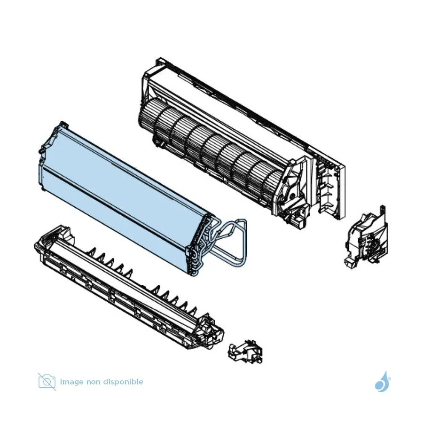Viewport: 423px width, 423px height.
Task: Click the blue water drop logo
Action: pyautogui.click(x=383, y=382)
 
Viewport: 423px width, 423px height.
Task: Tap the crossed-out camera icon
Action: pyautogui.click(x=47, y=382)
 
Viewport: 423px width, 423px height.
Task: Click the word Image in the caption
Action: pyautogui.click(x=71, y=382)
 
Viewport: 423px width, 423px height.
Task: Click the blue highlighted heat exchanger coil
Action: pyautogui.click(x=121, y=197)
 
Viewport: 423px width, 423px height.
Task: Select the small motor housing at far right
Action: pyautogui.click(x=366, y=239)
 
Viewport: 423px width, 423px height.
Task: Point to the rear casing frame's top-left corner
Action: pyautogui.click(x=160, y=58)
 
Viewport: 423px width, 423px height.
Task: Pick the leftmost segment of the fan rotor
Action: pyautogui.click(x=147, y=119)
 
